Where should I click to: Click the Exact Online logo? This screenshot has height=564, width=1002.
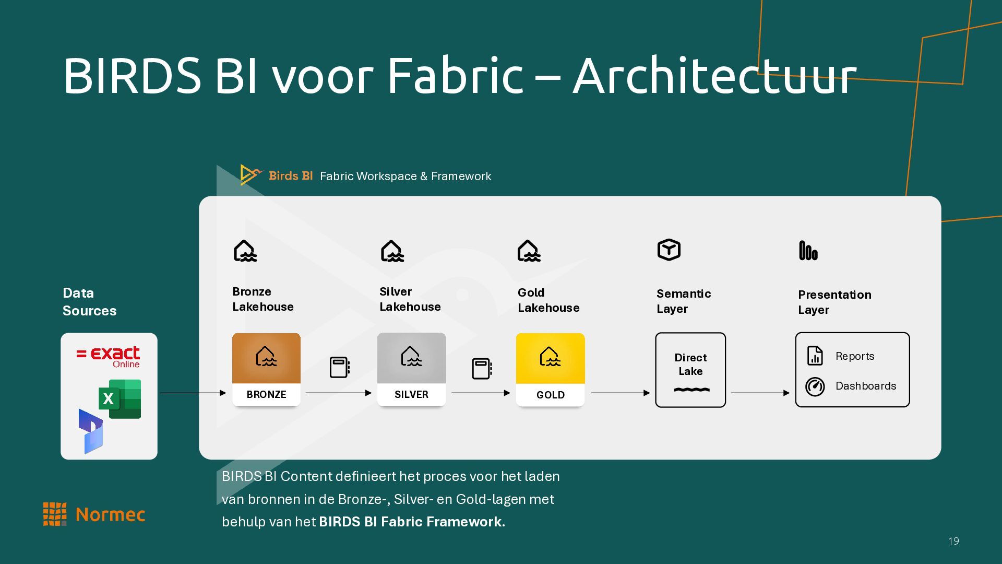pos(109,356)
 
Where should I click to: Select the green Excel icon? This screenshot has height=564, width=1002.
pos(120,398)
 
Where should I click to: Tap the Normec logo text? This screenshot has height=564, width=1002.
pos(110,515)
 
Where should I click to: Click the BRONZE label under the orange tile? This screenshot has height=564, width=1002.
pos(266,394)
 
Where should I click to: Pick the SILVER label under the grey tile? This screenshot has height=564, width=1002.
pos(411,394)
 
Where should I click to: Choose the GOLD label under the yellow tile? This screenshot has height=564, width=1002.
pos(550,395)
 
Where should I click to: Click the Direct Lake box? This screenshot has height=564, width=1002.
pos(690,370)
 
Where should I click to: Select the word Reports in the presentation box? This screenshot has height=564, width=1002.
pos(854,356)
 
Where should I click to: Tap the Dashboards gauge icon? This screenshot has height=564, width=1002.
pos(815,386)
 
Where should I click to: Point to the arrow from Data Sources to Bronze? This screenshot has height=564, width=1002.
pos(193,393)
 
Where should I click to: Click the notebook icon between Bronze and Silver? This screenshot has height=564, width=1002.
pos(339,367)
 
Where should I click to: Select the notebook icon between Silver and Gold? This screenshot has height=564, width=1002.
pos(482,369)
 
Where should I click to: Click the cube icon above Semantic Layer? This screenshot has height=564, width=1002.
pos(669,250)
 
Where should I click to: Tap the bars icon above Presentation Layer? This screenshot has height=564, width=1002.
pos(808,251)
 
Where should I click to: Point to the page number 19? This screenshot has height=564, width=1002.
pos(953,541)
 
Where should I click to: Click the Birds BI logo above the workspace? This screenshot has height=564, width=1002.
pos(277,175)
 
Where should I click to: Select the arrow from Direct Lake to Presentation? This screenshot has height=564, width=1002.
pos(760,393)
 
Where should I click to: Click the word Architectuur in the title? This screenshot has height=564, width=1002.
pos(714,76)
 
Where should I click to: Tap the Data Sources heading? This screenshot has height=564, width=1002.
pos(89,302)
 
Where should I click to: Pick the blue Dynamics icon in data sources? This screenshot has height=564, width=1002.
pos(91,431)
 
